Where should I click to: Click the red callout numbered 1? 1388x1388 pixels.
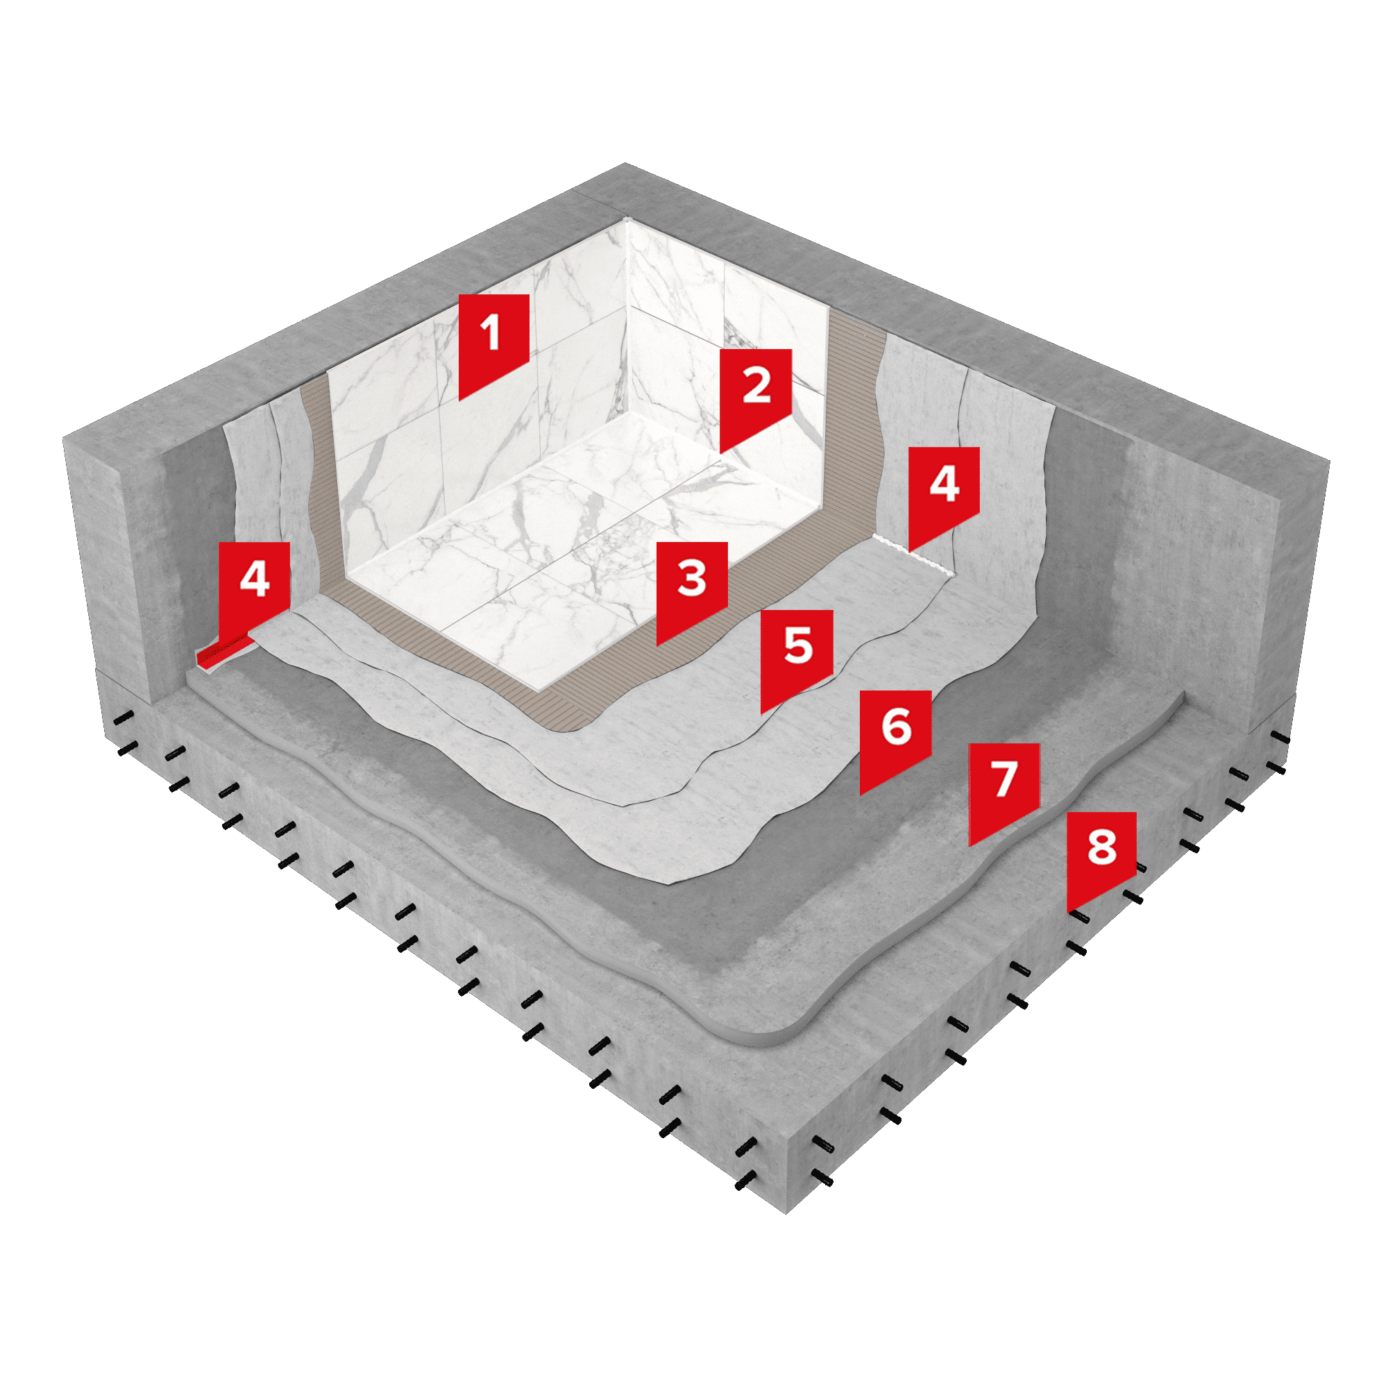coord(493,338)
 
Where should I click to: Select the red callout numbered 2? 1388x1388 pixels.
coord(756,391)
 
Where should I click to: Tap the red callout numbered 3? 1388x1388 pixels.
coord(692,584)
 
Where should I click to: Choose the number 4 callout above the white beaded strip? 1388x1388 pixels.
coord(944,490)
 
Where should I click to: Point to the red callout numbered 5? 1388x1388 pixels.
coord(797,652)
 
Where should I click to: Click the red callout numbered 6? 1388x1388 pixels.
coord(896,733)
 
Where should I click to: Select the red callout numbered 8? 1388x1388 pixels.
coord(1101,855)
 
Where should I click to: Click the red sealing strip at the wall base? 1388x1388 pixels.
coord(225,651)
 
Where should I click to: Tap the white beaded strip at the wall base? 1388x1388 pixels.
coord(913,554)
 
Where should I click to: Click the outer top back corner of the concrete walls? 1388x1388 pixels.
coord(625,164)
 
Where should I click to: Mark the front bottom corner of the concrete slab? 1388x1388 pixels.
coord(786,1214)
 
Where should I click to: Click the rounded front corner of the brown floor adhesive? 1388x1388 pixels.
coord(568,727)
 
